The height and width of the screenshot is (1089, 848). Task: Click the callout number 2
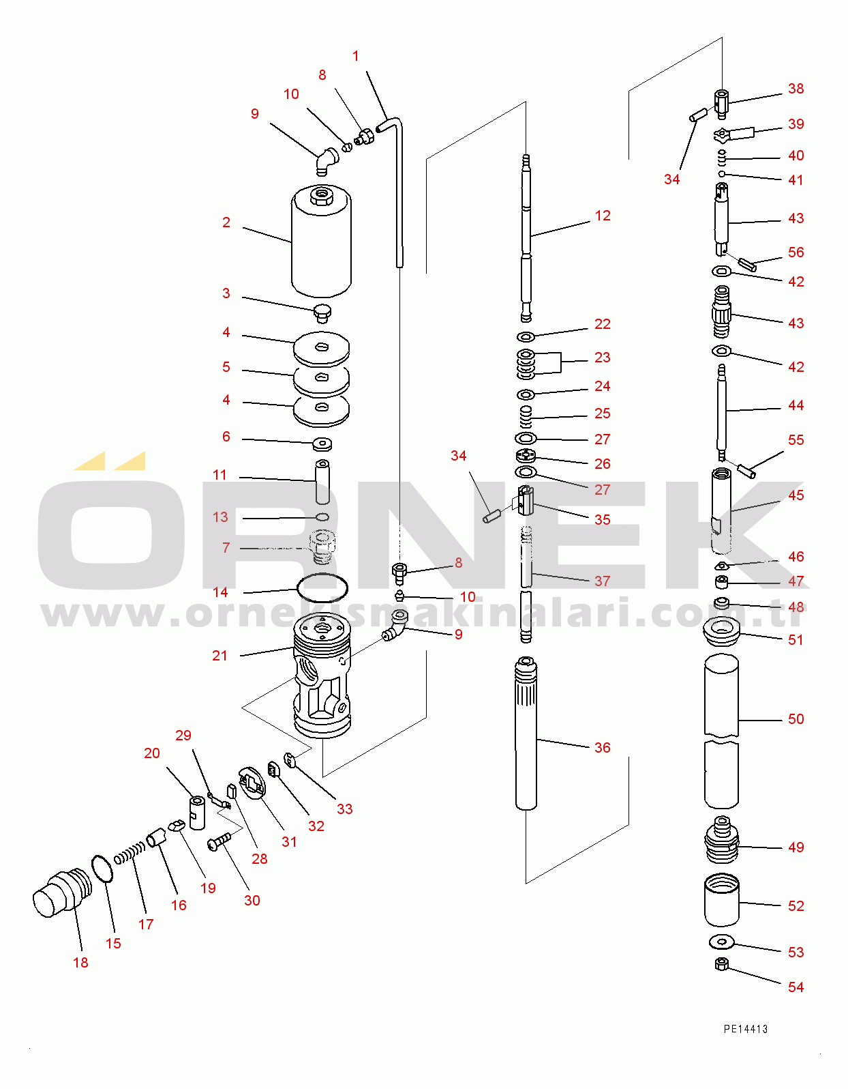[226, 222]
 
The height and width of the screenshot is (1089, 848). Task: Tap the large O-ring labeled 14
[322, 587]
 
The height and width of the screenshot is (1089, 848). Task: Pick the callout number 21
[219, 656]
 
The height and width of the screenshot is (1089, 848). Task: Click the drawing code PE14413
[746, 1029]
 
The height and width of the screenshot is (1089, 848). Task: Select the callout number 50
[796, 719]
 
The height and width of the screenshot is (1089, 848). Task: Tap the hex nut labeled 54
[722, 964]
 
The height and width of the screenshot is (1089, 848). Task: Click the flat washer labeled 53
[721, 942]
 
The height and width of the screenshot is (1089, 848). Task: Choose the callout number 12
[603, 216]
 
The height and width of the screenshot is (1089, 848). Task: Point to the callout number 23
[603, 358]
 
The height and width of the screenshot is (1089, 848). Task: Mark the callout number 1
[356, 56]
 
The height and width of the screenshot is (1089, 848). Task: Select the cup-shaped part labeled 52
[721, 900]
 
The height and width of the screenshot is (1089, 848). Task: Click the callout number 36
[603, 748]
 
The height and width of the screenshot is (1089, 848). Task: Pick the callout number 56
[796, 252]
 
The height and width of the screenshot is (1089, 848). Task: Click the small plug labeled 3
[322, 314]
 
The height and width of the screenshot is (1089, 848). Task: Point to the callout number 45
[796, 495]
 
